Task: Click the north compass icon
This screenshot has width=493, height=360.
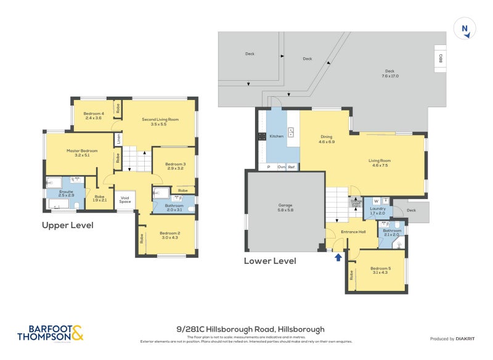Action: (x=465, y=29)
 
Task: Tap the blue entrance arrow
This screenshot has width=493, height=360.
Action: (x=338, y=257)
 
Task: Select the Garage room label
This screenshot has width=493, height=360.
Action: (x=285, y=207)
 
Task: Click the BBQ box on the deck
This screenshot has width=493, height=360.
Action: (x=441, y=59)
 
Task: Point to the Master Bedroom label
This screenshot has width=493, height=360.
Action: (x=82, y=153)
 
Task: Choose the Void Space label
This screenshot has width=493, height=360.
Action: (x=125, y=200)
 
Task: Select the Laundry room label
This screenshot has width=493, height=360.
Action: (x=377, y=210)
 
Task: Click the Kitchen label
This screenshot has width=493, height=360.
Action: (x=276, y=136)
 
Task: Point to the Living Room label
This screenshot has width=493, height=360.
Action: (x=380, y=163)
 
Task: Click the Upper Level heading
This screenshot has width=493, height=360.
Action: (x=67, y=226)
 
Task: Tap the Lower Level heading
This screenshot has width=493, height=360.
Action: (x=270, y=261)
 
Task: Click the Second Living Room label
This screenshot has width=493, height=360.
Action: (x=160, y=121)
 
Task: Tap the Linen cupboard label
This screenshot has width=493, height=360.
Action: (x=118, y=140)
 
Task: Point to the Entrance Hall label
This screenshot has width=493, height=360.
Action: (x=354, y=231)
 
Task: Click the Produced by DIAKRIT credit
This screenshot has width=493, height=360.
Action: (x=452, y=338)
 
